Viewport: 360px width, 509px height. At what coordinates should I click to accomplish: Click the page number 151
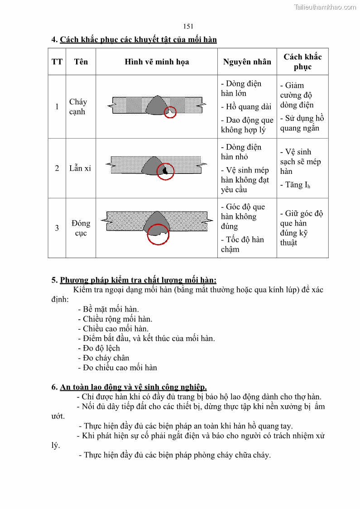pos(188,26)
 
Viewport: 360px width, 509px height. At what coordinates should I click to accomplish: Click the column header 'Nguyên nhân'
pos(247,62)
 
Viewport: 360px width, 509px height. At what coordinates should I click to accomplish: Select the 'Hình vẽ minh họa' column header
pos(157,62)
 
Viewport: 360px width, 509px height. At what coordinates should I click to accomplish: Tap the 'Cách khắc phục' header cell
pos(302,62)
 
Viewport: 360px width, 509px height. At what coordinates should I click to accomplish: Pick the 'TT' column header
pos(57,62)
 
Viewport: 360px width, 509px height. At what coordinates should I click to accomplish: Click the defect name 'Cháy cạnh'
pos(78,107)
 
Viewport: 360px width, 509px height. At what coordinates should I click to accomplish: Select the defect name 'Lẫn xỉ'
pos(80,168)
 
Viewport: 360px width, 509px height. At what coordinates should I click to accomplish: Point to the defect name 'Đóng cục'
pos(81,228)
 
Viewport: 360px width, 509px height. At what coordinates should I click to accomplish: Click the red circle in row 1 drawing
pos(170,112)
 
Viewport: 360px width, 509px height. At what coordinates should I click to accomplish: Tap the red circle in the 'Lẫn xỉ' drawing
pos(165,171)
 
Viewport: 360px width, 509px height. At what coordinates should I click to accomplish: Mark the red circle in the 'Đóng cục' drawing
pos(158,234)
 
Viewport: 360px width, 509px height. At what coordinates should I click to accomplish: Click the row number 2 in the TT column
pos(57,168)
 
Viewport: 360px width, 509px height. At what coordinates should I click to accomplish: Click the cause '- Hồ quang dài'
pos(246,107)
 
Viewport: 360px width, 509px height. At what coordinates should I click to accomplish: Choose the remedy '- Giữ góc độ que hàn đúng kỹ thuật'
pos(301,228)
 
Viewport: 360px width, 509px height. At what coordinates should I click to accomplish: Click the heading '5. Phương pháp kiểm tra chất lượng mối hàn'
pos(134,280)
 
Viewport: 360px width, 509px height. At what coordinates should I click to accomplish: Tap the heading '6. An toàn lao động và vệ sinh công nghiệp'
pos(129,387)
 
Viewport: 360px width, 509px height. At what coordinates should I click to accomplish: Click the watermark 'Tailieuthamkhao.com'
pos(325,7)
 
